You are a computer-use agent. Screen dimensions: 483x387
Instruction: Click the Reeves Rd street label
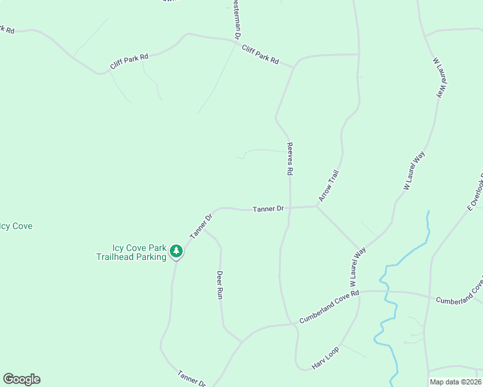(x=291, y=159)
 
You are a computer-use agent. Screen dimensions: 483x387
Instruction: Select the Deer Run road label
(x=220, y=284)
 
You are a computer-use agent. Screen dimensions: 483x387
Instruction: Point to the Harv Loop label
(x=325, y=357)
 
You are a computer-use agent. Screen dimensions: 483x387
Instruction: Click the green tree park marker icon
(x=176, y=251)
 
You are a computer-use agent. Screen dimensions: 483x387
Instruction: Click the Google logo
(x=21, y=379)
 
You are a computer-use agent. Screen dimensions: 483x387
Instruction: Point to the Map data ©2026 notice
(x=455, y=382)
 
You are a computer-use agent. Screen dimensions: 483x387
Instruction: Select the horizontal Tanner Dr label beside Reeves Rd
(x=269, y=209)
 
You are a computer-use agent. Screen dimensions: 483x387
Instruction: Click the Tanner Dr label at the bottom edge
(x=191, y=377)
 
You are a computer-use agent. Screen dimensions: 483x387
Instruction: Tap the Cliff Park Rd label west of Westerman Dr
(x=129, y=61)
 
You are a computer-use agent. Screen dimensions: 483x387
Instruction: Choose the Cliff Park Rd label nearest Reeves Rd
(x=260, y=54)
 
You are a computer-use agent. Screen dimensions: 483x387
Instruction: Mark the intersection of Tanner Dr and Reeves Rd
(x=290, y=208)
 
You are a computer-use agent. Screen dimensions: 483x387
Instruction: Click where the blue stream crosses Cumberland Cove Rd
(x=386, y=292)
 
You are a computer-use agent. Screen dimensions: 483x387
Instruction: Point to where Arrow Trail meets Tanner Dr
(x=317, y=206)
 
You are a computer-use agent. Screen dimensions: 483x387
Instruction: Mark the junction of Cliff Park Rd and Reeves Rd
(x=294, y=66)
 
